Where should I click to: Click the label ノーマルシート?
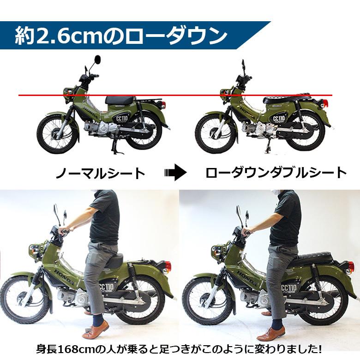click(100, 173)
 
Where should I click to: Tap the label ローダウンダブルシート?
click(276, 173)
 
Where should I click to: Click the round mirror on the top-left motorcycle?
click(97, 60)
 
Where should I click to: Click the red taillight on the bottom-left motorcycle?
click(168, 267)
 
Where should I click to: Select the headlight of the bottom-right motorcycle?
click(216, 251)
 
